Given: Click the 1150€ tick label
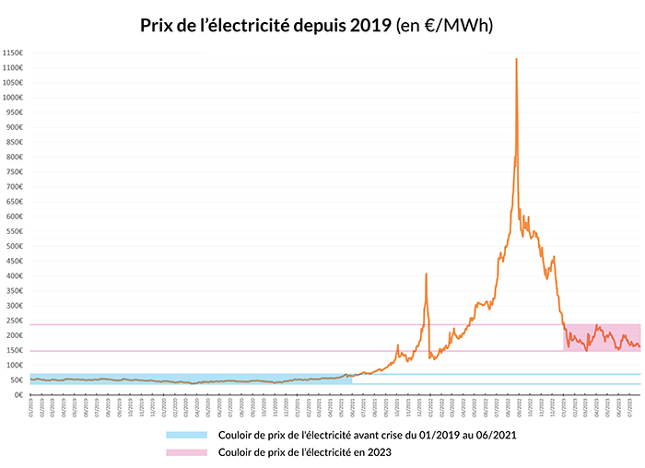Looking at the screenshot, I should (x=13, y=53).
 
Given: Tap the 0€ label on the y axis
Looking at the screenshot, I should (x=18, y=394).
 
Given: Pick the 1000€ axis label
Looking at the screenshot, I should (x=13, y=97).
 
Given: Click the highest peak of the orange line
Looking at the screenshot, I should (x=516, y=60).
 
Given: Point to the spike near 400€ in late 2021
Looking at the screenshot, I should (x=426, y=274).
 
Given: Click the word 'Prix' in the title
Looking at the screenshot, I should (x=157, y=25).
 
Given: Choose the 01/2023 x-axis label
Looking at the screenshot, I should (x=564, y=406).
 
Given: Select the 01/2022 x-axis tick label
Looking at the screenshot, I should (x=430, y=406).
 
